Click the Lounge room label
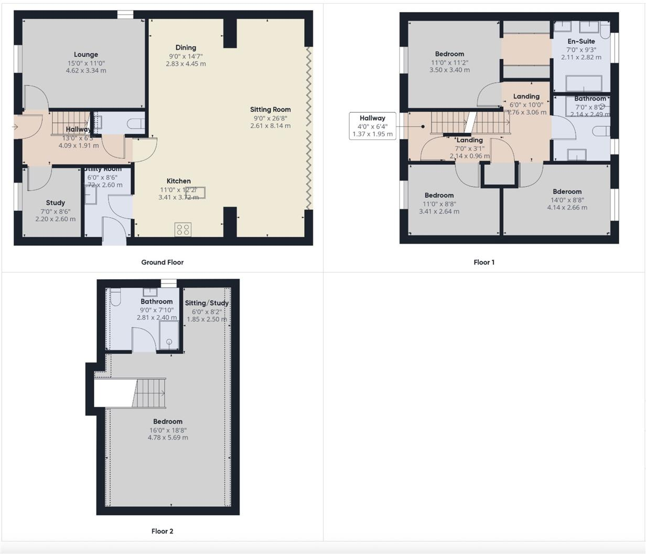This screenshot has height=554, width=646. click(86, 55)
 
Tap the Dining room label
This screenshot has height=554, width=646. click(186, 48)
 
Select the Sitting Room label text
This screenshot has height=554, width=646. click(270, 110)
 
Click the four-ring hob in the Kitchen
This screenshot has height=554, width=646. click(183, 229)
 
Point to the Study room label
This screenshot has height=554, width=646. click(55, 203)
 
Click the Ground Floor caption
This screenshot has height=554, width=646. click(162, 262)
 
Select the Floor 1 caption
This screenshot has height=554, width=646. click(484, 262)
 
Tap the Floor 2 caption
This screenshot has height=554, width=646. click(162, 531)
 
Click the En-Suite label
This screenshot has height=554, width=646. click(581, 41)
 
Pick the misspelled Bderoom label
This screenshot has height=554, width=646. click(567, 191)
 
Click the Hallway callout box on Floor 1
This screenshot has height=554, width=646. click(372, 126)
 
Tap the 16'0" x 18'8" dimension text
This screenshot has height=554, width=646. click(168, 430)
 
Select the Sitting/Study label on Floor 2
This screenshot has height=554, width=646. click(207, 303)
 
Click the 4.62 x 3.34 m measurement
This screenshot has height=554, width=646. click(86, 70)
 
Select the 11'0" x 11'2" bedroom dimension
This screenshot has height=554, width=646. click(449, 62)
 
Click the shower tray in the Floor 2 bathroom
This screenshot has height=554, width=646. click(168, 336)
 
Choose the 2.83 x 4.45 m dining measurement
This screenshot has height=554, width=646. click(186, 64)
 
